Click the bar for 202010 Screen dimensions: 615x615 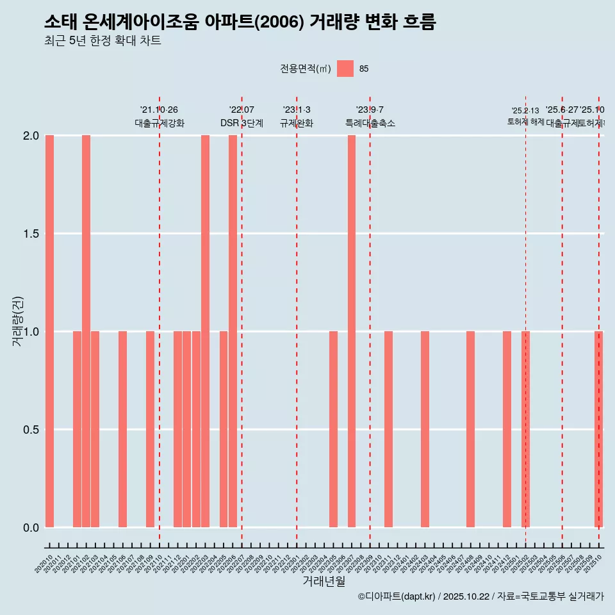49,331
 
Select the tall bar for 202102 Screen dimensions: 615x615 86,331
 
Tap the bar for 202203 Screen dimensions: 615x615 205,331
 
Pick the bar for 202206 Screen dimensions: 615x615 233,331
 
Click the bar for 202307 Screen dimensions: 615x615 352,331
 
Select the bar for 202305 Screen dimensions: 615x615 333,429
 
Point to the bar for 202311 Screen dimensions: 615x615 388,429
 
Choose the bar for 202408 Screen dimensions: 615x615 470,429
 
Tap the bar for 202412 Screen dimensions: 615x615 507,429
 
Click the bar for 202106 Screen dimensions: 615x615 122,429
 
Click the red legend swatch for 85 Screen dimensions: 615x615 345,69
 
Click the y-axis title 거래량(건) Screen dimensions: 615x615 18,321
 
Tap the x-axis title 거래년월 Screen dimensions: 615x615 324,582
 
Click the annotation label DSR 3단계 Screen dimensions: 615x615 242,123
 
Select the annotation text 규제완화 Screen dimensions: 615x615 297,123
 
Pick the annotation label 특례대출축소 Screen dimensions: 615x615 370,123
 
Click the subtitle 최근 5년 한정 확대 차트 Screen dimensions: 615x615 102,41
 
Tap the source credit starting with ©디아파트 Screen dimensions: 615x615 480,596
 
